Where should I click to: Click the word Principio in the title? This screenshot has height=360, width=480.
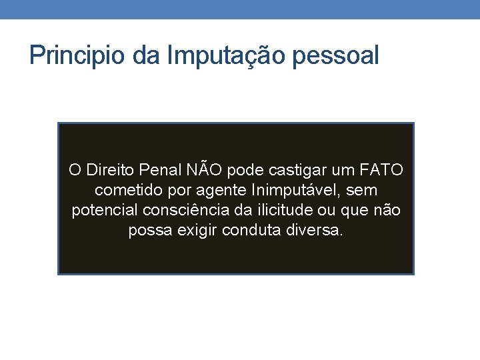(77, 55)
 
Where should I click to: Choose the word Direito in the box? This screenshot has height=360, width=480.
(109, 170)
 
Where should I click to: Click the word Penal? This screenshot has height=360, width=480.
(160, 170)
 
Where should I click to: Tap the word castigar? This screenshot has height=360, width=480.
(293, 170)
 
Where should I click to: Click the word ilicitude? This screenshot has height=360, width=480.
(282, 211)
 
